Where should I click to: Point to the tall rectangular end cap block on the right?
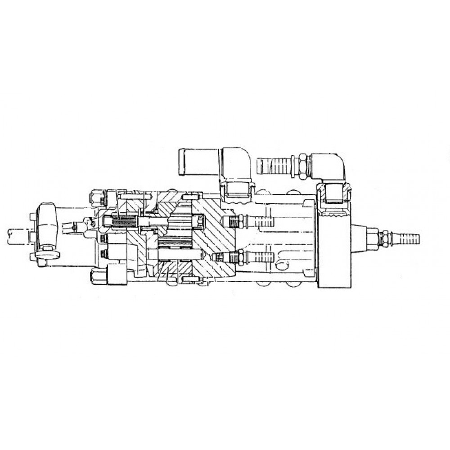click(334, 252)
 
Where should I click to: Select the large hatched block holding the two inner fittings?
click(216, 238)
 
